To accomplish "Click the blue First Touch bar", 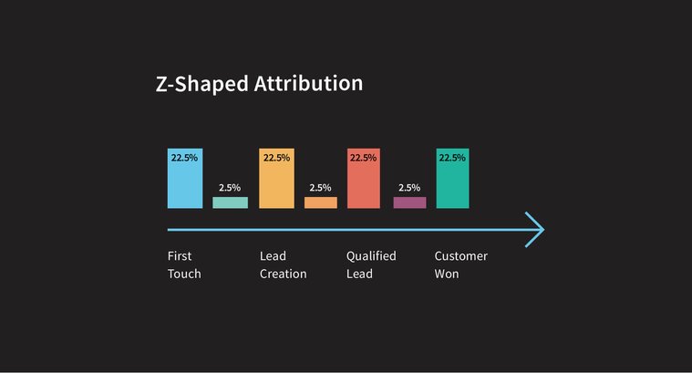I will click(184, 182).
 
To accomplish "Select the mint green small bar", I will click(230, 202).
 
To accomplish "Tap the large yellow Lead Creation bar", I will click(275, 182).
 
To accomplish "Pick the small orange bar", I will click(320, 202).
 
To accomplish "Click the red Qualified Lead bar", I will click(363, 182).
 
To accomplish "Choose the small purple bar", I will click(409, 202).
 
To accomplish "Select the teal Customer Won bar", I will click(452, 182).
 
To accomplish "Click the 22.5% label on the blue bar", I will click(184, 158).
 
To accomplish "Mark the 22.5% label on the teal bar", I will click(452, 158).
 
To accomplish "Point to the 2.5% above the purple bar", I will click(409, 188).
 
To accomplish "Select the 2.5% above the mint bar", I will click(230, 188).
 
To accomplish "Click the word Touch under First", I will click(184, 274).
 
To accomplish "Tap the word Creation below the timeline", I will click(283, 274).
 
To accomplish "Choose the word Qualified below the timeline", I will click(371, 256).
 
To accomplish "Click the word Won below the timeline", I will click(447, 274).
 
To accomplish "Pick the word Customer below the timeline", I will click(460, 256).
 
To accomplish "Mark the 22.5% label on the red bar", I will click(363, 158).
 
